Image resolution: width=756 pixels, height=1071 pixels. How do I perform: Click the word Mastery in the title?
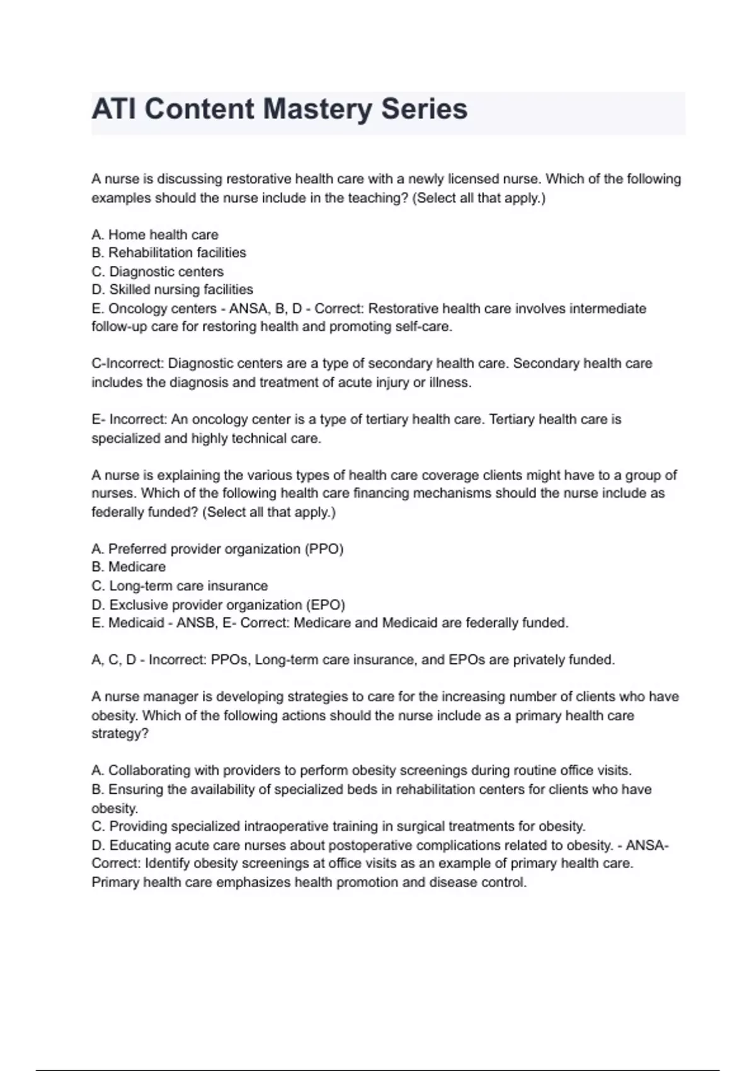(317, 110)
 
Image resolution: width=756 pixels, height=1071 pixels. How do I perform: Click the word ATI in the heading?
(114, 109)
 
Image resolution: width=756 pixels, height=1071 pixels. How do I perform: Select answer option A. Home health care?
(155, 235)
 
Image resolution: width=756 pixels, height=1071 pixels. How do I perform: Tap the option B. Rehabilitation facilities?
(169, 253)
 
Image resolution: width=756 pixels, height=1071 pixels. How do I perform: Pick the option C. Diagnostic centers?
(157, 272)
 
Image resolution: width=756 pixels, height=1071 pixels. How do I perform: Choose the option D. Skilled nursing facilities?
(172, 290)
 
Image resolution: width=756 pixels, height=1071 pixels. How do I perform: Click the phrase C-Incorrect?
(127, 364)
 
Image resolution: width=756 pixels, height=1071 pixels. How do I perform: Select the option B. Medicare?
(129, 567)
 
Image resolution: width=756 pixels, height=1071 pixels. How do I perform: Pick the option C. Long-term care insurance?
(180, 586)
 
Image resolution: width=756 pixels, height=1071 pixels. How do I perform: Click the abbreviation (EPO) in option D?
(325, 605)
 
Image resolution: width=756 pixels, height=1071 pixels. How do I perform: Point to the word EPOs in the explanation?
(466, 660)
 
